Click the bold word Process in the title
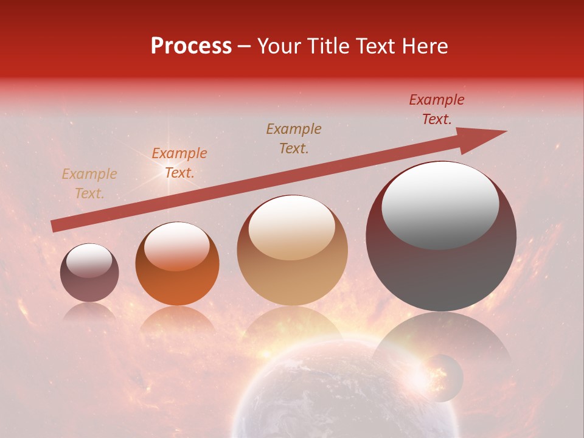coord(191,46)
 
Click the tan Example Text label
coord(89,184)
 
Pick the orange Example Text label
coord(179,163)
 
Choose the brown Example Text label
coord(294,139)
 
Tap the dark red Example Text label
coord(437,109)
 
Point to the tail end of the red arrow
coord(55,226)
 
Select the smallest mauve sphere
coord(89,273)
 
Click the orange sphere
coord(177,263)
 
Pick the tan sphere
coord(293,250)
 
